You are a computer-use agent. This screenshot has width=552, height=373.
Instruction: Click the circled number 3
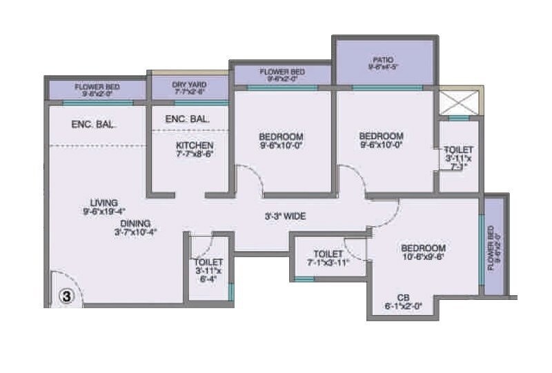point(66,296)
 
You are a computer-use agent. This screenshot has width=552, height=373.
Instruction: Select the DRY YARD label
point(188,85)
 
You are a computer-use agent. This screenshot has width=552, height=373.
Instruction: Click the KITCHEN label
point(194,145)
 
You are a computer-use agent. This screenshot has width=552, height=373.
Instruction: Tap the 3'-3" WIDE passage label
point(286,216)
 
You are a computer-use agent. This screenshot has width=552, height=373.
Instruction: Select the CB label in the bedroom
point(403,298)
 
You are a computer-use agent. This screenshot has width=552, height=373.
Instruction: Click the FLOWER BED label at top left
point(97,87)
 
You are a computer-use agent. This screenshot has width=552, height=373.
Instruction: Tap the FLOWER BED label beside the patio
point(282,72)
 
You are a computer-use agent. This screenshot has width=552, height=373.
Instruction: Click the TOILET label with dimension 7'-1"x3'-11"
point(328,254)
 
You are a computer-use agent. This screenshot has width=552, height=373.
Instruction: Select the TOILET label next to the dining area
point(208,263)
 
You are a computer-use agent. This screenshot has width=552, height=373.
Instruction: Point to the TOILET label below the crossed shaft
point(458,150)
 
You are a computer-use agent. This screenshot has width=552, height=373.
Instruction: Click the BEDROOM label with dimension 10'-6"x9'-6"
point(423,248)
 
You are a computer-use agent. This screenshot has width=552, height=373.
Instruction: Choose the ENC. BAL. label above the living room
point(94,125)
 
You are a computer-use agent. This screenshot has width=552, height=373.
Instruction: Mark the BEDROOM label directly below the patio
point(381,137)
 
